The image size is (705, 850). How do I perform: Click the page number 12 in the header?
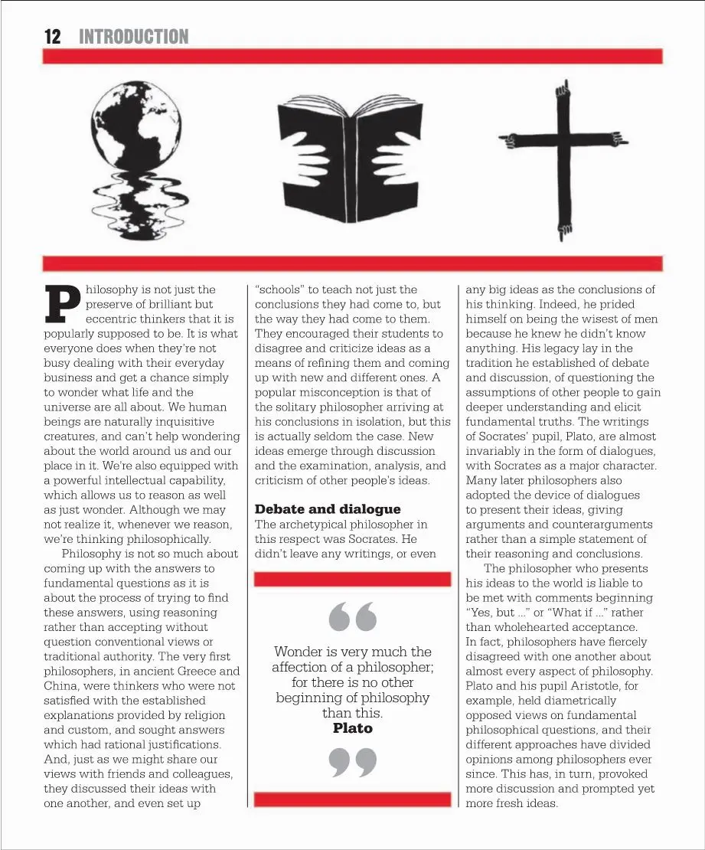point(52,36)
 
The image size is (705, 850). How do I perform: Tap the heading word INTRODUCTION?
point(133,36)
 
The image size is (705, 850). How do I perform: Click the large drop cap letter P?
point(63,303)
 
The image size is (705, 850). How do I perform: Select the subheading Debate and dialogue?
point(328,509)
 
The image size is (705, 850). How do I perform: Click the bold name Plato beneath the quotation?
point(353,728)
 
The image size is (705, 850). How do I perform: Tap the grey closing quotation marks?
point(353,763)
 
